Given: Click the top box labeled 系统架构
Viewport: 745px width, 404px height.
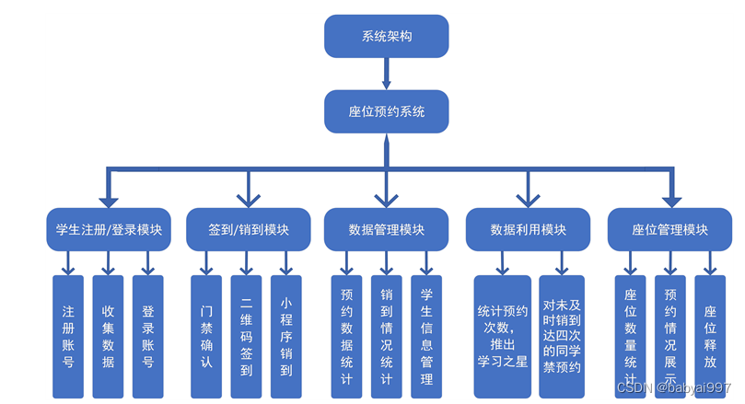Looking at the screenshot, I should [386, 37].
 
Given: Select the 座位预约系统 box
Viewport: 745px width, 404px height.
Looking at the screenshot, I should [386, 110].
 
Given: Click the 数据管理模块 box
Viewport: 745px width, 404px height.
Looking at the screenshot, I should [386, 229].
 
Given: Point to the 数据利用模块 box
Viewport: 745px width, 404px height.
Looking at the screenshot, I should [528, 229].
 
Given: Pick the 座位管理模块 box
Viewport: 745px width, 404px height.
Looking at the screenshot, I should [669, 229].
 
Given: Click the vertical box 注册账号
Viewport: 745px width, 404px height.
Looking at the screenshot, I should [68, 336].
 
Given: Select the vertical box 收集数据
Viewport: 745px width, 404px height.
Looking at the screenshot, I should [108, 336].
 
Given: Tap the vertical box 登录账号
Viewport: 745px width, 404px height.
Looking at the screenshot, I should [147, 336].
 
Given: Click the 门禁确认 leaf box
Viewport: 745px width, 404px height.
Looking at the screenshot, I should [206, 336].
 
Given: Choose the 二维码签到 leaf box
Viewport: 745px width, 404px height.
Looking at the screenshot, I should [246, 336].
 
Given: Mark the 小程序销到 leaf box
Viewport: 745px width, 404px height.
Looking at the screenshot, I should [286, 336].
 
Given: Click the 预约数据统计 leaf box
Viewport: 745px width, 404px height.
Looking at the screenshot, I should [346, 336].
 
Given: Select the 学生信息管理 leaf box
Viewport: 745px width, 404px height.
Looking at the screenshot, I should [426, 336].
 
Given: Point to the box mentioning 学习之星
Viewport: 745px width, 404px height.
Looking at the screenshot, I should [502, 336].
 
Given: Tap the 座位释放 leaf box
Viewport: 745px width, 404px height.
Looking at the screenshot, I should [710, 336].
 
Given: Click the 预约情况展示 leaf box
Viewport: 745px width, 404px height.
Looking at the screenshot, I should [669, 336].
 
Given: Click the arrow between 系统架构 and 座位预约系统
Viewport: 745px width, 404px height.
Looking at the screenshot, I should [386, 74].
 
